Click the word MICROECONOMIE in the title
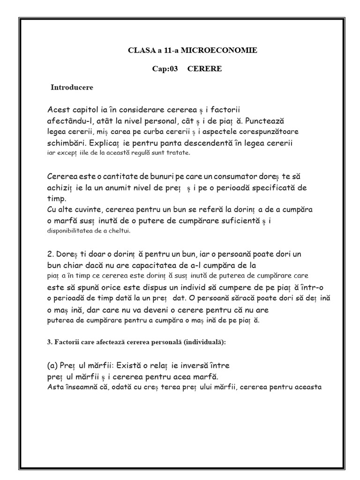pos(229,50)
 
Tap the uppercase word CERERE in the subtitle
pos(204,69)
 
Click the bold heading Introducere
pos(72,88)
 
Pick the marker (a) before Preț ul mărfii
pos(53,366)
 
